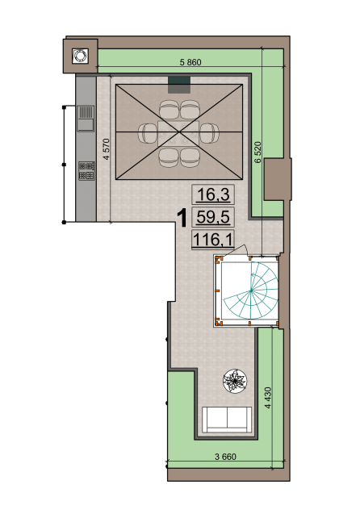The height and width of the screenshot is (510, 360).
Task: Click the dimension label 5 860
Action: point(190,62)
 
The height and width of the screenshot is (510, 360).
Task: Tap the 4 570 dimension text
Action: point(107,149)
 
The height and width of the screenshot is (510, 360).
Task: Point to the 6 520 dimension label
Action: point(257,153)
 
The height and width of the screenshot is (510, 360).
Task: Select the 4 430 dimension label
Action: point(268,398)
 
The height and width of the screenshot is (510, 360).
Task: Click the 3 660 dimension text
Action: point(225,457)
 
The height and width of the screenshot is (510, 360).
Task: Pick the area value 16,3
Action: point(213,194)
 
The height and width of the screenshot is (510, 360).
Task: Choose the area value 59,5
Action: point(213,216)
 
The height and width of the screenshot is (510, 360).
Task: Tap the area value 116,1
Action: point(213,240)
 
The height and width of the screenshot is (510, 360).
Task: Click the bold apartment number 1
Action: point(182,218)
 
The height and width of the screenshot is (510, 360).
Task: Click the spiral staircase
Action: point(251,291)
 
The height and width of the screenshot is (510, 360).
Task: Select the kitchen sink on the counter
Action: point(86,119)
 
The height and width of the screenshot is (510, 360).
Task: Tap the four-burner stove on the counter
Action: point(86,171)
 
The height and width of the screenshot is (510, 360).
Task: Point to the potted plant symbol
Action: point(235,381)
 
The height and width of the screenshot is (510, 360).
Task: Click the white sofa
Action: point(227,420)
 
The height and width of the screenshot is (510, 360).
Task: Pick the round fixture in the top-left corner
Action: point(80,56)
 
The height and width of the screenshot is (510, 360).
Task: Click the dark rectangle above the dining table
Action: point(179,85)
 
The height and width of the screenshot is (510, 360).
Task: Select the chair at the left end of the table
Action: point(148,133)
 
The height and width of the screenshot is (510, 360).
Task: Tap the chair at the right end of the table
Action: point(209,133)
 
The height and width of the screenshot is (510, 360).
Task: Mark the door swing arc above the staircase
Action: point(241,249)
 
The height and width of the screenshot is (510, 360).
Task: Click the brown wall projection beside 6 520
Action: point(276,179)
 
